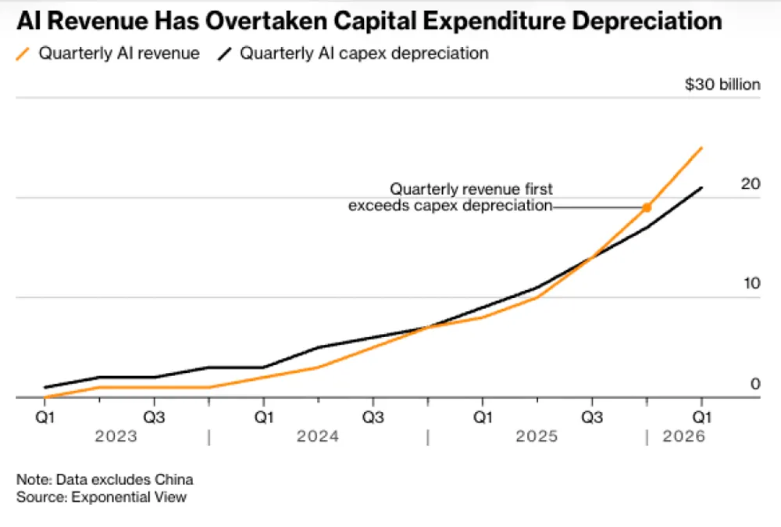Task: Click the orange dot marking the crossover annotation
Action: click(647, 207)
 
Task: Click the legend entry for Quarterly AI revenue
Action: click(108, 53)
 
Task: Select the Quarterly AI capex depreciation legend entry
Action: click(353, 53)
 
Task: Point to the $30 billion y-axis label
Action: click(722, 84)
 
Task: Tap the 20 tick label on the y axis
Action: click(750, 184)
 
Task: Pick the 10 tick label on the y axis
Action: click(751, 284)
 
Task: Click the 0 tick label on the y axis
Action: click(755, 384)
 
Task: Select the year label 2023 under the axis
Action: click(116, 436)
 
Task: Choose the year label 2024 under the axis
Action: click(317, 436)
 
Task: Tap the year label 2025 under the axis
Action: click(537, 436)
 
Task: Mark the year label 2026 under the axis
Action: click(683, 436)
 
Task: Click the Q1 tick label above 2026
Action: click(701, 417)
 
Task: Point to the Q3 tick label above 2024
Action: click(373, 417)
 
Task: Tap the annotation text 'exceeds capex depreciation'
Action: click(451, 206)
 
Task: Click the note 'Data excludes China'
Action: click(124, 479)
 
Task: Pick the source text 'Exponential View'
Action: click(129, 497)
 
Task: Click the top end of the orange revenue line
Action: click(701, 148)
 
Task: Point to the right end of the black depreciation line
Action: click(701, 188)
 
